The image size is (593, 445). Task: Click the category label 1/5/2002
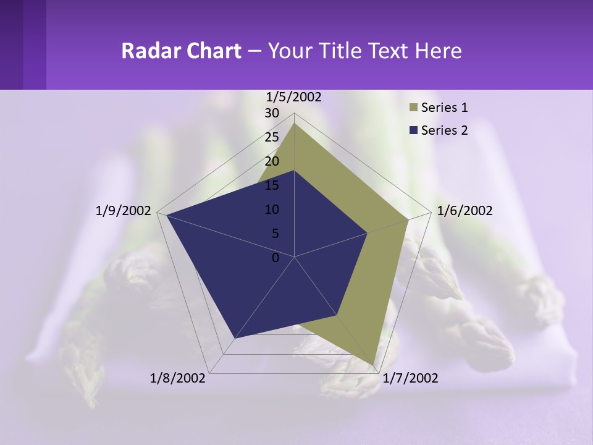click(293, 97)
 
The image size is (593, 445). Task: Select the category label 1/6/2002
click(465, 211)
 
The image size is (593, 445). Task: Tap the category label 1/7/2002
click(410, 378)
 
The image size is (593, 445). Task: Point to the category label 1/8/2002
click(178, 378)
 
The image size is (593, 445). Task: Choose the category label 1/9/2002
click(124, 211)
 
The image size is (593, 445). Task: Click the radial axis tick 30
click(272, 113)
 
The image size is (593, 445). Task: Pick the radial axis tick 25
click(272, 137)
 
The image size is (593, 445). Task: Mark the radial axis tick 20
click(272, 161)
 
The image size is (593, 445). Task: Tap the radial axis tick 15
click(272, 185)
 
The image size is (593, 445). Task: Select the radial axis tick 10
click(272, 210)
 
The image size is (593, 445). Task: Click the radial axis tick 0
click(275, 258)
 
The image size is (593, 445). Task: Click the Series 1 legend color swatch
click(413, 108)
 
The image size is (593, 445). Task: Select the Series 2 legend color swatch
click(413, 130)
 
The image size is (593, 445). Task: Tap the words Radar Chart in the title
click(181, 51)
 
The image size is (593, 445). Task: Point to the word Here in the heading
click(438, 51)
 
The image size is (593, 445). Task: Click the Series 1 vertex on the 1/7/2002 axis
click(374, 365)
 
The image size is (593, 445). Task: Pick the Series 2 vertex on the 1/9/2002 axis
click(166, 215)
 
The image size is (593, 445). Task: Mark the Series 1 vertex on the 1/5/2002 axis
click(294, 124)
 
